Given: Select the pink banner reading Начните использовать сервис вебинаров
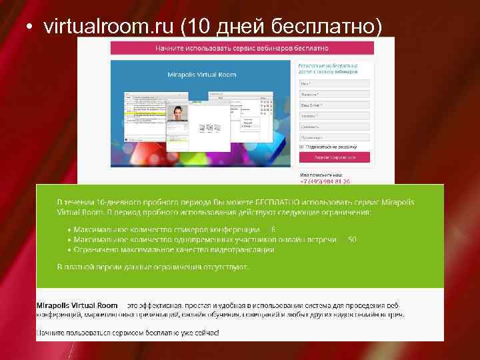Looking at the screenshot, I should pos(242,48).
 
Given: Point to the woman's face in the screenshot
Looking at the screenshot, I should pos(178,113).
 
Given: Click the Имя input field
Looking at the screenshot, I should pos(334,83).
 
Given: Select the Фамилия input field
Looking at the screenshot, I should pos(334,94).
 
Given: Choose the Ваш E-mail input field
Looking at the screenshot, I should pos(334,105).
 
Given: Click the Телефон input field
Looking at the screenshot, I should pos(334,115).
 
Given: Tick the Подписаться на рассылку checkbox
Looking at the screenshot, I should pos(301,147).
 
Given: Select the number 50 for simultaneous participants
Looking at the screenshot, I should pos(352,239).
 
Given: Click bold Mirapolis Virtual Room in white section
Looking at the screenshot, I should pos(77,305).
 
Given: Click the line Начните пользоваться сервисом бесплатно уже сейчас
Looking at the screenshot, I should pos(127,331).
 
